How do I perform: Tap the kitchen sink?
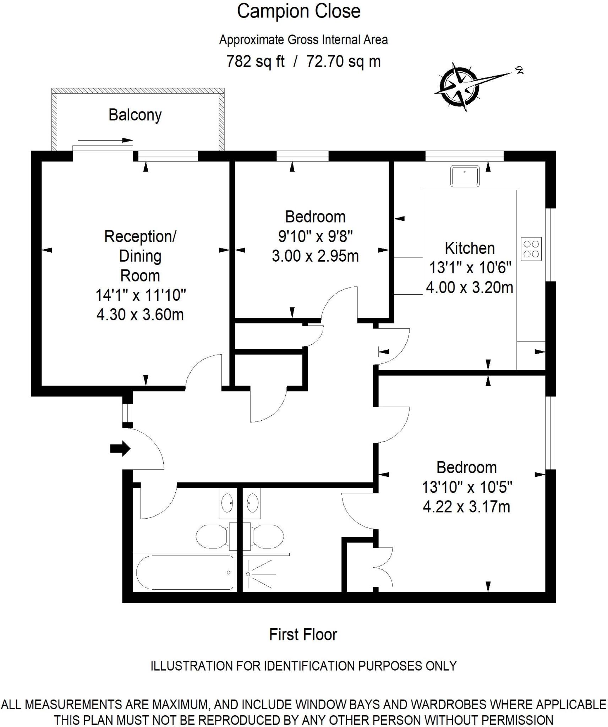(x=465, y=176)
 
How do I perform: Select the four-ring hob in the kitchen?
(x=531, y=249)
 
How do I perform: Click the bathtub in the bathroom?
(x=185, y=572)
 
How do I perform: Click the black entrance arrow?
(x=120, y=449)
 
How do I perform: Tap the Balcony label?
(x=135, y=115)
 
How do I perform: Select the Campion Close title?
(x=298, y=11)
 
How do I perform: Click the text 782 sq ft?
(x=255, y=61)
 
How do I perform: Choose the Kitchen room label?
(x=469, y=248)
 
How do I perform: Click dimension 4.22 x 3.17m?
(x=466, y=507)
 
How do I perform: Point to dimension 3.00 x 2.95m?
(x=315, y=256)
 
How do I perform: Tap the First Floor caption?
(x=303, y=634)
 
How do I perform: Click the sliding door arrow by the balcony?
(x=105, y=140)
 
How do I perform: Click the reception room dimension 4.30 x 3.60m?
(x=140, y=315)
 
